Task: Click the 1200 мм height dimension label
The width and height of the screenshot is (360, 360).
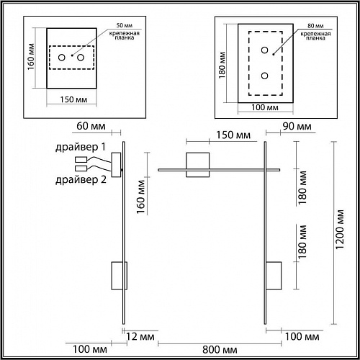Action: click(340, 230)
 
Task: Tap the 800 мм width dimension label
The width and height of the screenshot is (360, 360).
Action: click(220, 350)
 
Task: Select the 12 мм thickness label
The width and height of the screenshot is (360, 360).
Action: click(140, 336)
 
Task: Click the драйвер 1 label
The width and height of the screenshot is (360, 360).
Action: click(81, 147)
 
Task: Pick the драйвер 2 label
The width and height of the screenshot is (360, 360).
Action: click(81, 179)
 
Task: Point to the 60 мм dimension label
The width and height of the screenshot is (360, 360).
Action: click(91, 126)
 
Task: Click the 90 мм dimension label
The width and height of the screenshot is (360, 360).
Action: click(297, 126)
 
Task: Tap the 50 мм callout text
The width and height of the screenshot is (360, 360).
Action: click(125, 25)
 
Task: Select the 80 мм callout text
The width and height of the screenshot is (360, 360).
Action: click(315, 26)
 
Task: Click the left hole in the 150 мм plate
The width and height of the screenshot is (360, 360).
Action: click(62, 58)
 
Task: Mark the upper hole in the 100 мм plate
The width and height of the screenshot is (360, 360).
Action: click(264, 50)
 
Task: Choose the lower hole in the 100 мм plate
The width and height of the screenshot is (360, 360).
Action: click(264, 76)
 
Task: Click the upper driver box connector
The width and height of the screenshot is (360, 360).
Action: click(81, 159)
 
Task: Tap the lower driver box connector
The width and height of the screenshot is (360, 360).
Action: click(81, 168)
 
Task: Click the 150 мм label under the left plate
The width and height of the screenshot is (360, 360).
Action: click(73, 99)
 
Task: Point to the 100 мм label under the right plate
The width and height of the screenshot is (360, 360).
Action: click(265, 107)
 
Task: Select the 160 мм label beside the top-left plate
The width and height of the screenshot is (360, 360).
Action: click(31, 57)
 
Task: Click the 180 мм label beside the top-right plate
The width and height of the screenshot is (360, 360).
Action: click(222, 65)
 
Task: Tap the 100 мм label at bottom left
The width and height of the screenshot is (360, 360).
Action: click(90, 349)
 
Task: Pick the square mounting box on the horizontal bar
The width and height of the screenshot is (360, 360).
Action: click(197, 165)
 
